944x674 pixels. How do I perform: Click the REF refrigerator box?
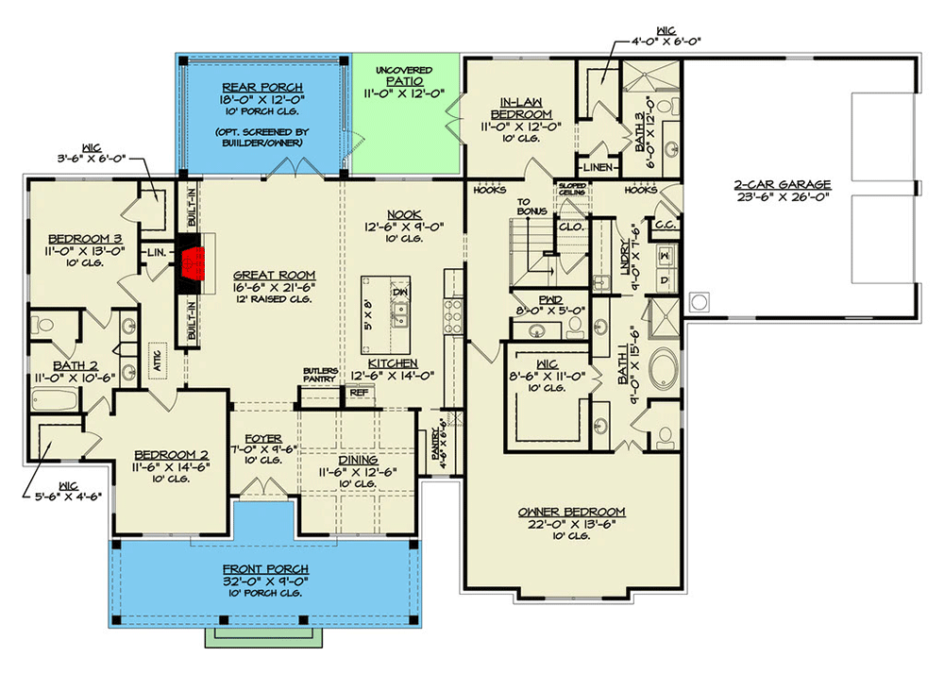pyautogui.click(x=359, y=393)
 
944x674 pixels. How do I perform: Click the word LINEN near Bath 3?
pyautogui.click(x=599, y=168)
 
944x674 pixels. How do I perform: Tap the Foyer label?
pyautogui.click(x=263, y=439)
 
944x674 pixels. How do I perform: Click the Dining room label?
pyautogui.click(x=358, y=460)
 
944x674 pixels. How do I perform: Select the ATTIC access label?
pyautogui.click(x=158, y=358)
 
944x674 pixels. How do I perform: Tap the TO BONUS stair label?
pyautogui.click(x=531, y=206)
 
